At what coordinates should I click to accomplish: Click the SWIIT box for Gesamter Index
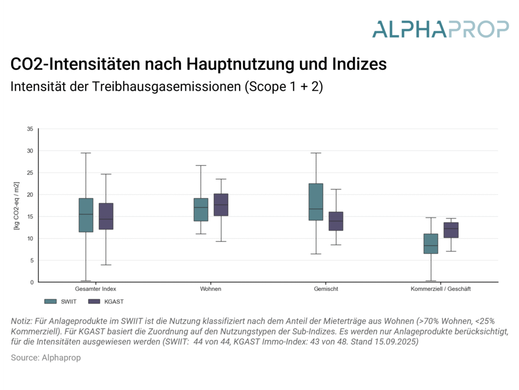[x=86, y=215]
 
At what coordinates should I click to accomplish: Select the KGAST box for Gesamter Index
[x=106, y=216]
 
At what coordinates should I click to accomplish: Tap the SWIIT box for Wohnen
[x=201, y=209]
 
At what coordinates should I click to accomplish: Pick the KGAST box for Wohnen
[x=221, y=205]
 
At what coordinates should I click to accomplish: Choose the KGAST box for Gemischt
[x=336, y=221]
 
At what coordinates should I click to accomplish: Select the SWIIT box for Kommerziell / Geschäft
[x=431, y=244]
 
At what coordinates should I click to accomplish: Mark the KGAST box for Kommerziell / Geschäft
[x=451, y=230]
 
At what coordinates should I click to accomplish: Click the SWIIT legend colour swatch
[x=51, y=301]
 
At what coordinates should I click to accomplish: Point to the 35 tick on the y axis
[x=30, y=129]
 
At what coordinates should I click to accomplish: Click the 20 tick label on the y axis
[x=30, y=194]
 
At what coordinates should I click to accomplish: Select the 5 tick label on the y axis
[x=31, y=260]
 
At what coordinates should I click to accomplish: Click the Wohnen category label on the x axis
[x=211, y=289]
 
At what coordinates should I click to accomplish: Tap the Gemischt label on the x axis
[x=326, y=289]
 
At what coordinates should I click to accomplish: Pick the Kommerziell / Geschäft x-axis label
[x=441, y=289]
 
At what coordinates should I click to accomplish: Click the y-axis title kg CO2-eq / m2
[x=17, y=206]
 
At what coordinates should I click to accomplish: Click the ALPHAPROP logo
[x=440, y=29]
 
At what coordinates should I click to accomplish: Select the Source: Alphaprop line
[x=46, y=358]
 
